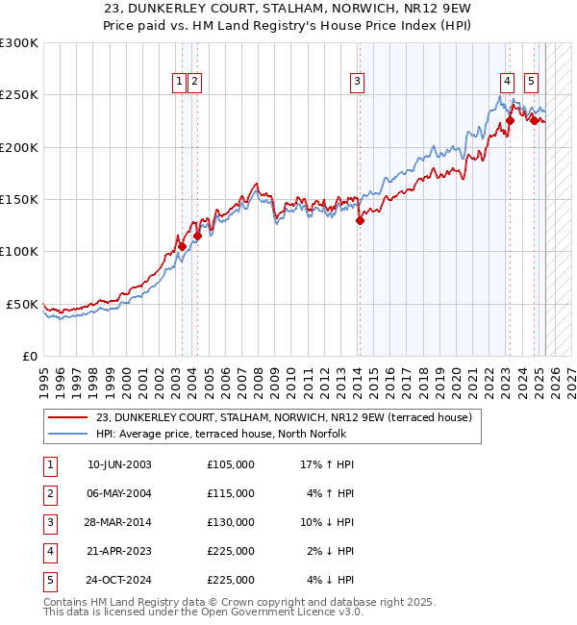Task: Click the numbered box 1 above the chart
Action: click(180, 83)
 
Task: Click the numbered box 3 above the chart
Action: click(357, 83)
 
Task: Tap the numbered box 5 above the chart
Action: click(532, 83)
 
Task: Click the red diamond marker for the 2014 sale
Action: click(361, 220)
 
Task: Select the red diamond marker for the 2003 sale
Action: click(182, 246)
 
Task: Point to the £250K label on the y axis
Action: click(19, 95)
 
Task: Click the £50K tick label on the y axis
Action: click(23, 304)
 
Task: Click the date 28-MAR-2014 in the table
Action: click(119, 522)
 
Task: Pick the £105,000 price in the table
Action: click(231, 464)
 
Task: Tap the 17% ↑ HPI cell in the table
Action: click(327, 464)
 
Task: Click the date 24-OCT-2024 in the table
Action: click(119, 580)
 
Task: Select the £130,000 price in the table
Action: click(231, 522)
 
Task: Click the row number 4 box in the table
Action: click(49, 551)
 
